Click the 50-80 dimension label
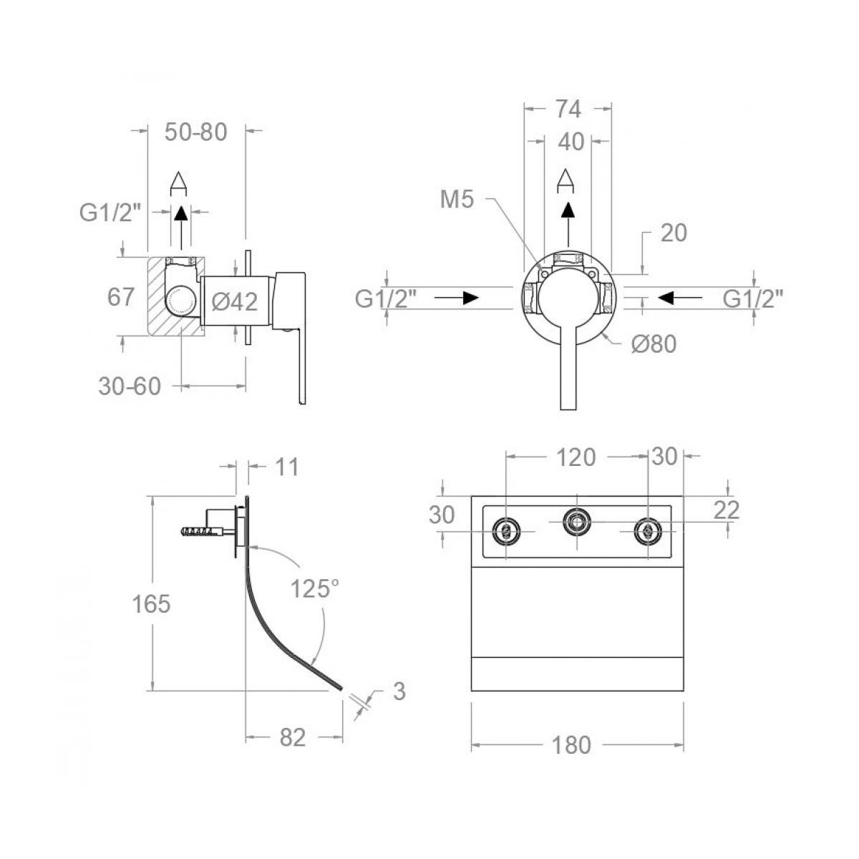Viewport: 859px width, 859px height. click(195, 132)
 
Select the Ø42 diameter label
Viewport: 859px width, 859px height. click(235, 302)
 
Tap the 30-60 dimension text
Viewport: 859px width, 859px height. click(130, 387)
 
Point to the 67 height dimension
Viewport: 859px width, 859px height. click(121, 296)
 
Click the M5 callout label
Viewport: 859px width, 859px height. click(457, 200)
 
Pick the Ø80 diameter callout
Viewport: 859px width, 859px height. click(654, 344)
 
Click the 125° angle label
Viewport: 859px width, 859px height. click(315, 589)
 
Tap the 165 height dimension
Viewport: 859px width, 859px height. click(151, 604)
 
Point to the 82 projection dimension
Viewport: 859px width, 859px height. click(292, 737)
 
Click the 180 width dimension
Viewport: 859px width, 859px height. click(572, 745)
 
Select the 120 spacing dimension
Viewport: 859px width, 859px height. click(576, 457)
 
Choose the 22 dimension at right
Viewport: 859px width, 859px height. click(727, 510)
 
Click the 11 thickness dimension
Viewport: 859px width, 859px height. click(286, 467)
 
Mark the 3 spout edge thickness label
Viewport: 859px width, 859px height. click(399, 691)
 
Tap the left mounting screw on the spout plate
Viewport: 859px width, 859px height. click(506, 530)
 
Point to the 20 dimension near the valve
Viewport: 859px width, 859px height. click(673, 233)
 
